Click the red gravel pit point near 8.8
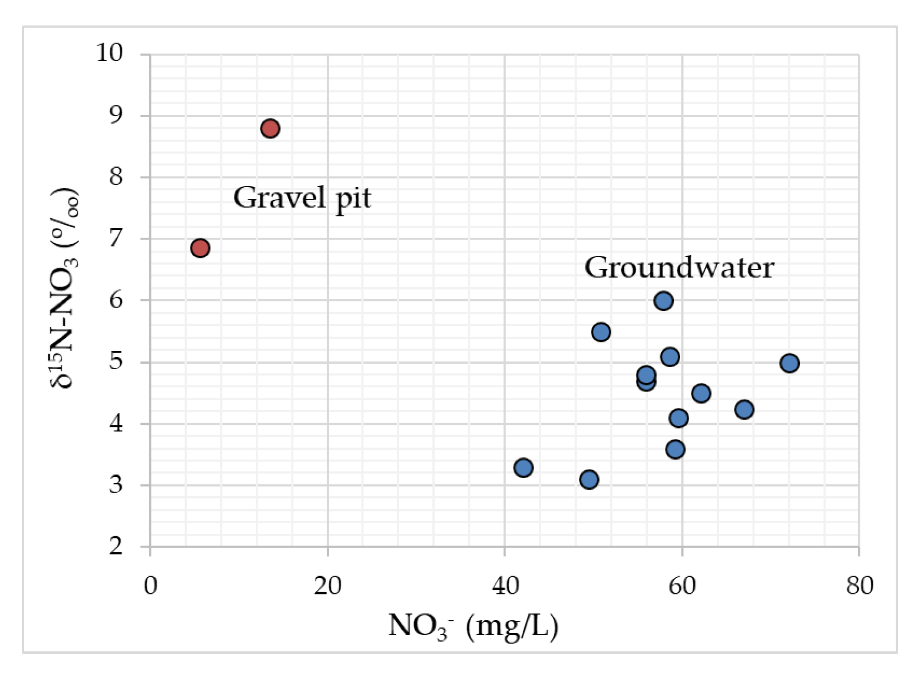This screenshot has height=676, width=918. [270, 128]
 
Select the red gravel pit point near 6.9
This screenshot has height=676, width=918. [200, 248]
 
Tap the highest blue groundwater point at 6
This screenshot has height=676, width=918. [664, 301]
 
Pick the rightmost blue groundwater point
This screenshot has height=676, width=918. [789, 363]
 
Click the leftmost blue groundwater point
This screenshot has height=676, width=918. [523, 468]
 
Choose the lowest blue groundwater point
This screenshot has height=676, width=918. [589, 480]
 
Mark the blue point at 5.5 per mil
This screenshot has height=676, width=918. [601, 332]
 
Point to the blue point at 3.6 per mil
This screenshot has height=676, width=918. [676, 449]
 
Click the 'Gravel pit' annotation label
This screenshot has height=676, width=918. [302, 198]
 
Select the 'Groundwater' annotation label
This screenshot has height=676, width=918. [679, 268]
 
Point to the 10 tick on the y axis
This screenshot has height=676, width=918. [110, 53]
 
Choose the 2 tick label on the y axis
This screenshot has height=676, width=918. [116, 546]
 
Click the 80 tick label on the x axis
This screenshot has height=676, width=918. [860, 586]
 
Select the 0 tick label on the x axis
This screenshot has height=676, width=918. [151, 586]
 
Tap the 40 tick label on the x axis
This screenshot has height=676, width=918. [505, 586]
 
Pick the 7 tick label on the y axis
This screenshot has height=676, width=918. [116, 239]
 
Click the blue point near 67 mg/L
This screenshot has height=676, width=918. [744, 410]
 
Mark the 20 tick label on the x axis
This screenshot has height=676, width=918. [328, 586]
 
